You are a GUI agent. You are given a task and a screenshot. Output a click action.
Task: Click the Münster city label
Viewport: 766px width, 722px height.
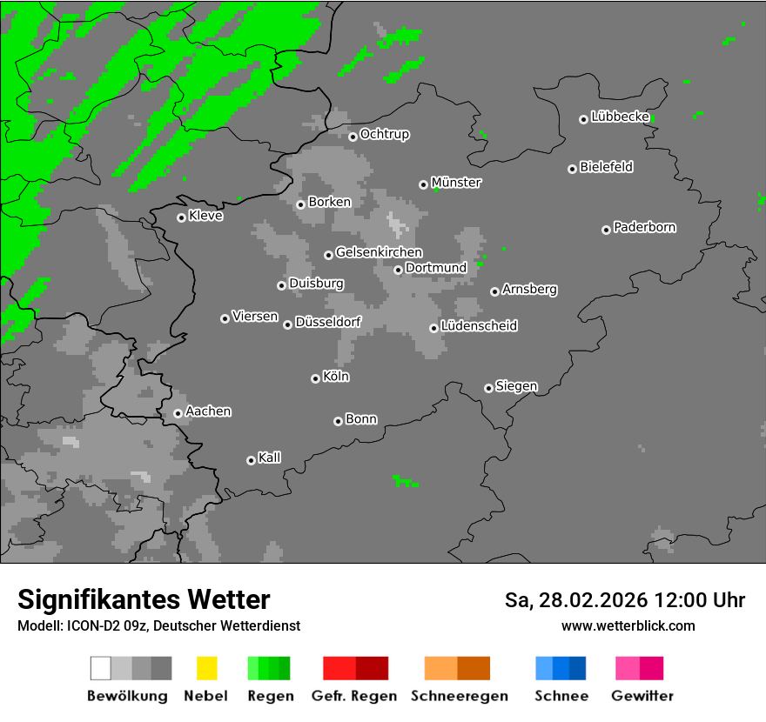tap(456, 183)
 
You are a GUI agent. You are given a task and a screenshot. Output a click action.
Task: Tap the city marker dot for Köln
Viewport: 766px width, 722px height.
tap(315, 378)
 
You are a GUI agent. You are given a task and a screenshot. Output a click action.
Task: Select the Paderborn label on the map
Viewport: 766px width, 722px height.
tap(645, 228)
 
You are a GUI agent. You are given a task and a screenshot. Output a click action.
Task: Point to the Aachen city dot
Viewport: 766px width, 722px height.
tap(178, 413)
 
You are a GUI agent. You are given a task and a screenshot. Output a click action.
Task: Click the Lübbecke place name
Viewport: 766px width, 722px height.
tap(621, 117)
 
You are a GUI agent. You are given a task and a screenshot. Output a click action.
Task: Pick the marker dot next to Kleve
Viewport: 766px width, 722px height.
tap(181, 217)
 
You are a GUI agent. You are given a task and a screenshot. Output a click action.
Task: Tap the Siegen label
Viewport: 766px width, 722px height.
tap(517, 386)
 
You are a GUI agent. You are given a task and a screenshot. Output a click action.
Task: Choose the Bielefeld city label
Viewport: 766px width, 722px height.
tap(607, 167)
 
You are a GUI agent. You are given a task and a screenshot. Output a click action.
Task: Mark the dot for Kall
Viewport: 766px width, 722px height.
tap(251, 460)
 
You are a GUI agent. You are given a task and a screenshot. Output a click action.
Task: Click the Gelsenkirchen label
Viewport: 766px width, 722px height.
tap(380, 253)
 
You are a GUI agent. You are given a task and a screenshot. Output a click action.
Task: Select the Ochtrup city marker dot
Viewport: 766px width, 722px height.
tap(353, 136)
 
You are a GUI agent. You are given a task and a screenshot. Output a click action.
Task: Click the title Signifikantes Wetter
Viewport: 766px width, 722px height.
tap(144, 600)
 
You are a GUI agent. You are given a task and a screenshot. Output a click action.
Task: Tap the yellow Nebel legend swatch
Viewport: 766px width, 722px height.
tap(206, 668)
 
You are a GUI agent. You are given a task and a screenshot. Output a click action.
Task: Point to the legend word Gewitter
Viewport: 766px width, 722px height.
tap(642, 696)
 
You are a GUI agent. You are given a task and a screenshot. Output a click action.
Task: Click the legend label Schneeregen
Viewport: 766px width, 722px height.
tap(460, 696)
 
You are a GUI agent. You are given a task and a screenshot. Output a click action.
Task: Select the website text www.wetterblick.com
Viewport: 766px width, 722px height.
tap(628, 625)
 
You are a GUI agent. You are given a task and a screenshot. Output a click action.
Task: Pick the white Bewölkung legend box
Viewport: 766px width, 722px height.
tap(100, 668)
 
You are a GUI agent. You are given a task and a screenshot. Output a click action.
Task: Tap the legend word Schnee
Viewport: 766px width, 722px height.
tap(561, 696)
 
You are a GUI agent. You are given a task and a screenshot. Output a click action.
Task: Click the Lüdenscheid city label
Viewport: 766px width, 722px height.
tap(480, 326)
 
